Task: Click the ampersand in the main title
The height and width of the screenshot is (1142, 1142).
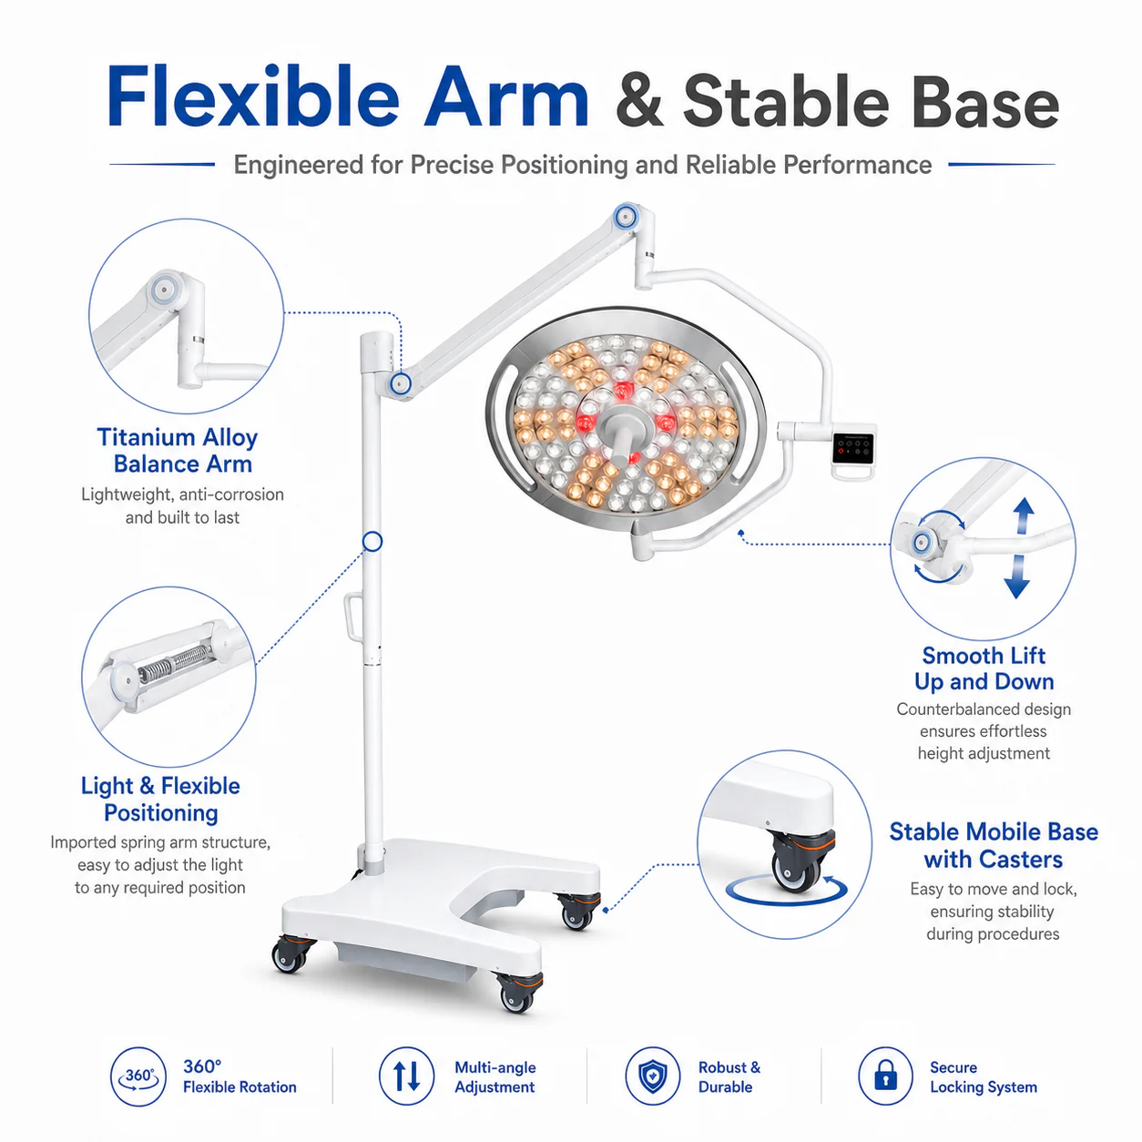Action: coord(639,101)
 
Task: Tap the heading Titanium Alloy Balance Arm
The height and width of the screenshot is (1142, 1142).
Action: coord(178,451)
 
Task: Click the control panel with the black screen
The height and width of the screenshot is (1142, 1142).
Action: coord(853,448)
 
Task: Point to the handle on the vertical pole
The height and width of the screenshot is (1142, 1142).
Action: coord(353,617)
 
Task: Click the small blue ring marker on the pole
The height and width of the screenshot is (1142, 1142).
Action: coord(372,541)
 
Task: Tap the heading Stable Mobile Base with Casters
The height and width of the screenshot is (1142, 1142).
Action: coord(994,845)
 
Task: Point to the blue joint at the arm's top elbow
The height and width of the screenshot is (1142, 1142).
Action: coord(626,217)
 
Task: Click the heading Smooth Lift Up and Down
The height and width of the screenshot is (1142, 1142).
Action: coord(984,668)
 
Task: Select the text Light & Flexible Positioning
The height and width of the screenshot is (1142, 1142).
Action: coord(160,799)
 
